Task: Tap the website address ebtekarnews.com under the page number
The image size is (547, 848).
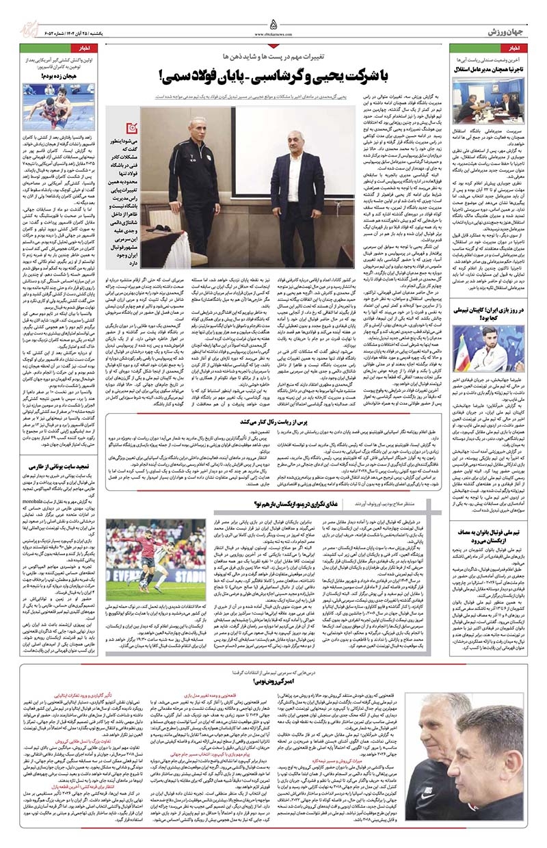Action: tap(273, 34)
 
